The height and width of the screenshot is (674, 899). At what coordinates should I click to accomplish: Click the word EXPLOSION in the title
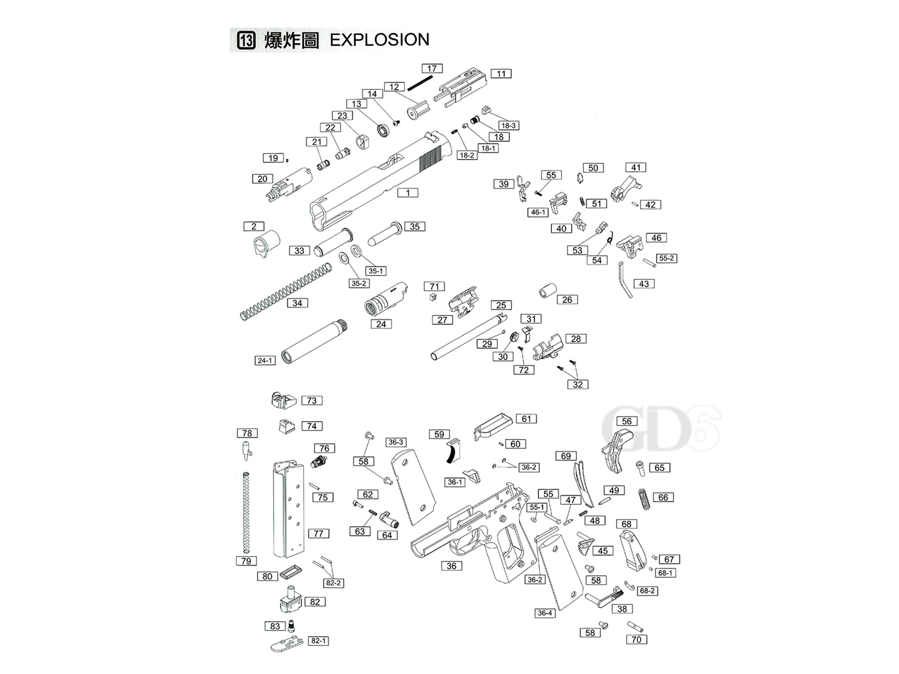coord(379,40)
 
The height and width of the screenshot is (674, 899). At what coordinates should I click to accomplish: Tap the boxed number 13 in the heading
coord(246,40)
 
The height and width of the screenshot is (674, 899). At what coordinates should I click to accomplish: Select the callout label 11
coord(501,74)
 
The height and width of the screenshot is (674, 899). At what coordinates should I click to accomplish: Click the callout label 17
coord(432,69)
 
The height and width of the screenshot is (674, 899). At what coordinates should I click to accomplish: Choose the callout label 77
coord(318,534)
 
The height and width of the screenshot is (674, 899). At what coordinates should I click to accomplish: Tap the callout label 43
coord(644,284)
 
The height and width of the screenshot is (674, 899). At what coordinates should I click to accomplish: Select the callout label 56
coord(626,421)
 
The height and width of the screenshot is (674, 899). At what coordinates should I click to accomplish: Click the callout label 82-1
coord(318,641)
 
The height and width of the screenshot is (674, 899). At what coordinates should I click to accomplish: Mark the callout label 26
coord(567,300)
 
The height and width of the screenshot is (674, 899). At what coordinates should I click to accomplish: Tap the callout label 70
coord(636,640)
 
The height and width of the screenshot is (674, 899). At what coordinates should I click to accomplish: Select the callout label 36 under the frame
coord(451,566)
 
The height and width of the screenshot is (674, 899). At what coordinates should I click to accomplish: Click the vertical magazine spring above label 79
coord(246,512)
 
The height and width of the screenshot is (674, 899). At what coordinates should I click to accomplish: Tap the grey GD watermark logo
coord(656,429)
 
